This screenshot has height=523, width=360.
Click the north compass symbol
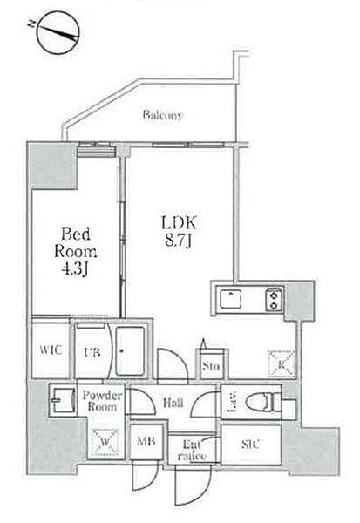[x=58, y=32]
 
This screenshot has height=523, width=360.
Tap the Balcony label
[x=163, y=115]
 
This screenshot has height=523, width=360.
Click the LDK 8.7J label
[x=179, y=232]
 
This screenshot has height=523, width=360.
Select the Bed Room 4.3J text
[x=76, y=252]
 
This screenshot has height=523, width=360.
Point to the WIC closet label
[x=51, y=350]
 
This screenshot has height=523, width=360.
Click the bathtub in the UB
[x=130, y=351]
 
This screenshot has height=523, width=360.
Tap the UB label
[x=92, y=352]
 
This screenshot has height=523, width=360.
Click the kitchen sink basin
[x=230, y=298]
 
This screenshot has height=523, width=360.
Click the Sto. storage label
[x=211, y=367]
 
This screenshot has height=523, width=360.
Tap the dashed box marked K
[x=282, y=364]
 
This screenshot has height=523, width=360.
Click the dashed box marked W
[x=105, y=442]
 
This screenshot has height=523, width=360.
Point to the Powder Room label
[x=102, y=401]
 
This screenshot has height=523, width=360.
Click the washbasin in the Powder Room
[x=64, y=400]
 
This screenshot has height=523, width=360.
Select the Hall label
[x=173, y=403]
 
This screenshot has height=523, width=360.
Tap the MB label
[x=146, y=441]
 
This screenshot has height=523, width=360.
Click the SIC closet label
[x=250, y=444]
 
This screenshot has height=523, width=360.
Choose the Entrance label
[x=192, y=450]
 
